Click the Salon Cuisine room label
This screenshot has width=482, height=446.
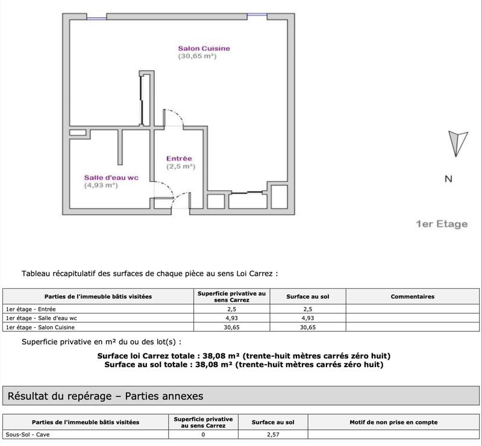click(x=204, y=48)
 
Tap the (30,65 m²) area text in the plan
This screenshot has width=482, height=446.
click(x=197, y=56)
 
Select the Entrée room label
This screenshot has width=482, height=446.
click(x=179, y=158)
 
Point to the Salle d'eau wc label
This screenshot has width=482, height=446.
click(x=111, y=177)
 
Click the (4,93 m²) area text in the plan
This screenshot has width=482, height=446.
click(x=101, y=186)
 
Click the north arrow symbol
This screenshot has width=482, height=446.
click(x=457, y=144)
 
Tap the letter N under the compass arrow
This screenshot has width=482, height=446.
click(x=448, y=179)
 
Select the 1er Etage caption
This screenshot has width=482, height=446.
click(x=441, y=224)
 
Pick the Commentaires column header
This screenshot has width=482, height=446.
click(x=412, y=297)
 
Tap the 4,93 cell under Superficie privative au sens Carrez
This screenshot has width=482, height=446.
click(x=231, y=318)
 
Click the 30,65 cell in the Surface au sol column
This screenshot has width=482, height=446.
click(x=308, y=327)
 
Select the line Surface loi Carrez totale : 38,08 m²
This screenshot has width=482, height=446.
click(x=243, y=356)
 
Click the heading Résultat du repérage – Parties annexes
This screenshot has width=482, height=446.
click(x=105, y=396)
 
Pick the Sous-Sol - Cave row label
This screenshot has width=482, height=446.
click(x=26, y=434)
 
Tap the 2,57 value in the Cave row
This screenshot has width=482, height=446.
click(x=273, y=434)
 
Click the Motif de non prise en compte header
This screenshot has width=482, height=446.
click(x=393, y=422)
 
